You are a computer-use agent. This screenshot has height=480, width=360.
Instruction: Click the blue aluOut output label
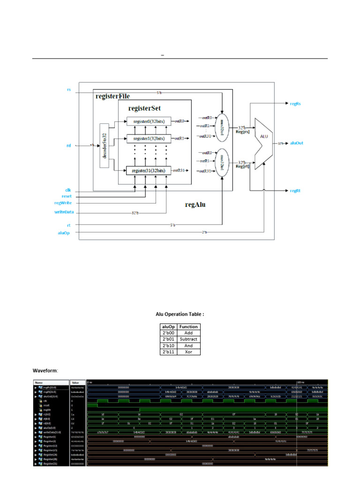coord(298,143)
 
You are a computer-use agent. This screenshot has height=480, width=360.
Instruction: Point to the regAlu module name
coord(196,205)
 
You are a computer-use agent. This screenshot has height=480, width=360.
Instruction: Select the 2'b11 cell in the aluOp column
coord(168,352)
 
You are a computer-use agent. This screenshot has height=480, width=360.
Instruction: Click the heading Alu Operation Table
coord(180,314)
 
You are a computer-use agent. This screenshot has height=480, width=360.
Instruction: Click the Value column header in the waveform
coord(76,382)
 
